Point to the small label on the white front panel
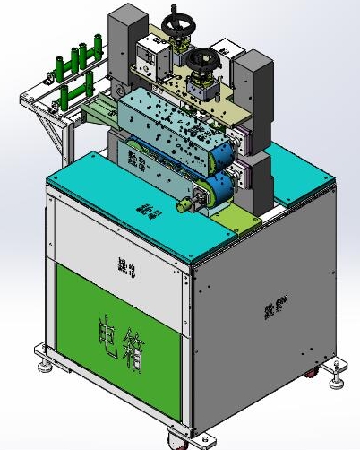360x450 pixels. pyautogui.click(x=123, y=265)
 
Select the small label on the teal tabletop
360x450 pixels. pyautogui.click(x=143, y=208)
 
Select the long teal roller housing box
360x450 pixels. pyautogui.click(x=170, y=125)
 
